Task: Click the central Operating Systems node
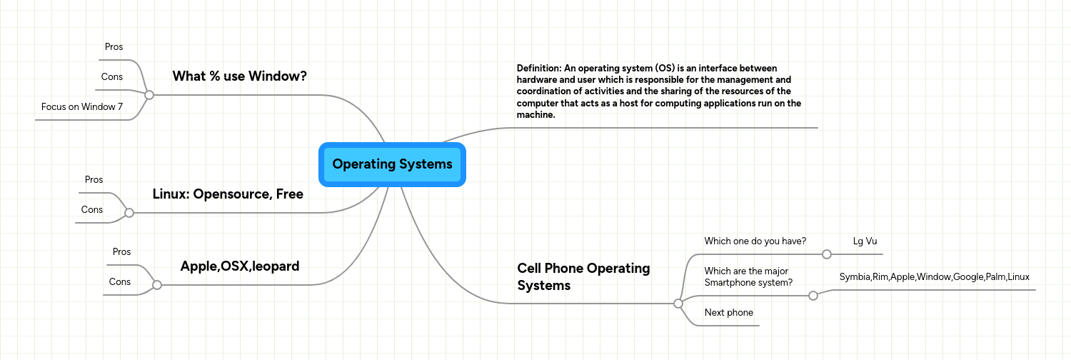(x=392, y=164)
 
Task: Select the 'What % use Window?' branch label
(x=239, y=76)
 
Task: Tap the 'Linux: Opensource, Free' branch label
(x=228, y=194)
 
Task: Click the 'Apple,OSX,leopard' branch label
(x=239, y=266)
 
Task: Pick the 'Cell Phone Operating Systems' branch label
(x=583, y=276)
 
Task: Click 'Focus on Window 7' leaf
(x=82, y=107)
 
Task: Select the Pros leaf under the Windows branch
(x=114, y=47)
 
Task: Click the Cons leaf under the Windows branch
(x=112, y=77)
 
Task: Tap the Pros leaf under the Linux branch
(x=94, y=180)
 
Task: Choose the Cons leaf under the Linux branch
(x=92, y=210)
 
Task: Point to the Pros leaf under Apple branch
(x=121, y=252)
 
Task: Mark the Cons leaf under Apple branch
(x=120, y=282)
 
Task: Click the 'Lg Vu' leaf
(x=865, y=241)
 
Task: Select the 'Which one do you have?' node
(x=755, y=241)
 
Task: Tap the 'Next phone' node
(x=728, y=313)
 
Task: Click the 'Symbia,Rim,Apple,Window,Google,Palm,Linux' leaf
(x=934, y=276)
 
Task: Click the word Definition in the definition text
(x=538, y=69)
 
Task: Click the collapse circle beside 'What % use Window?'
(x=149, y=94)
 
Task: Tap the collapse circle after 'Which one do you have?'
(x=827, y=254)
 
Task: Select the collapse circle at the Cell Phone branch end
(x=678, y=304)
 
